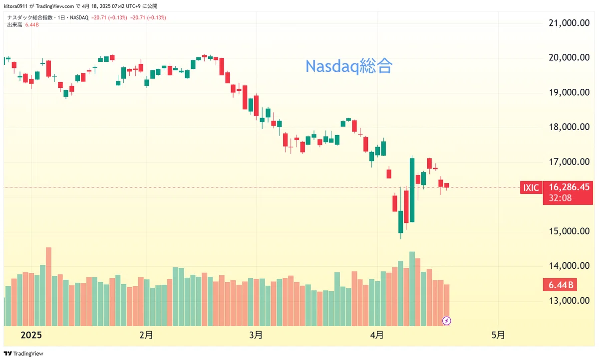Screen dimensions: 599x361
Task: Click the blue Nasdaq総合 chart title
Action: (349, 66)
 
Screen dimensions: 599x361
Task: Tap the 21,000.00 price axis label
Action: (569, 23)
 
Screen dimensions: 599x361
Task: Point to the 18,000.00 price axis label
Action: (569, 127)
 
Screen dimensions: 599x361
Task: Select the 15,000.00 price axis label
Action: (569, 231)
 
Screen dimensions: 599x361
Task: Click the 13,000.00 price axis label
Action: (569, 301)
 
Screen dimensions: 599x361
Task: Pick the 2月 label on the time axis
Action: (146, 335)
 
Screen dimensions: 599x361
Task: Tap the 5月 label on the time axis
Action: (498, 335)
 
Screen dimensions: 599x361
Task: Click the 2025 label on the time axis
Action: (31, 335)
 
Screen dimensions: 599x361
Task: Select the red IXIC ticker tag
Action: (531, 187)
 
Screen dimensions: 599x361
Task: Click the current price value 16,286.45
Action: (569, 187)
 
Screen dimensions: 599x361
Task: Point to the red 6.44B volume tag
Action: (560, 285)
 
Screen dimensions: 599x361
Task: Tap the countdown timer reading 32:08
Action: (560, 198)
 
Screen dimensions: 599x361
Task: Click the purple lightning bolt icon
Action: (447, 321)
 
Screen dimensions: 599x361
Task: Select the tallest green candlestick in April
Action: (412, 190)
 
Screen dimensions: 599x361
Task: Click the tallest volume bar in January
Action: (49, 286)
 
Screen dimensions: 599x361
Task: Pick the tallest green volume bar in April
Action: (412, 289)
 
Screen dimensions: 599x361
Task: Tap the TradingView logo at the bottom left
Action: (23, 354)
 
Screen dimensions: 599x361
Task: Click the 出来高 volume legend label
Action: (14, 25)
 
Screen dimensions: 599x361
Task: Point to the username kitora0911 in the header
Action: (15, 6)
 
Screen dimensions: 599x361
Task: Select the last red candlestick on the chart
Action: (447, 185)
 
